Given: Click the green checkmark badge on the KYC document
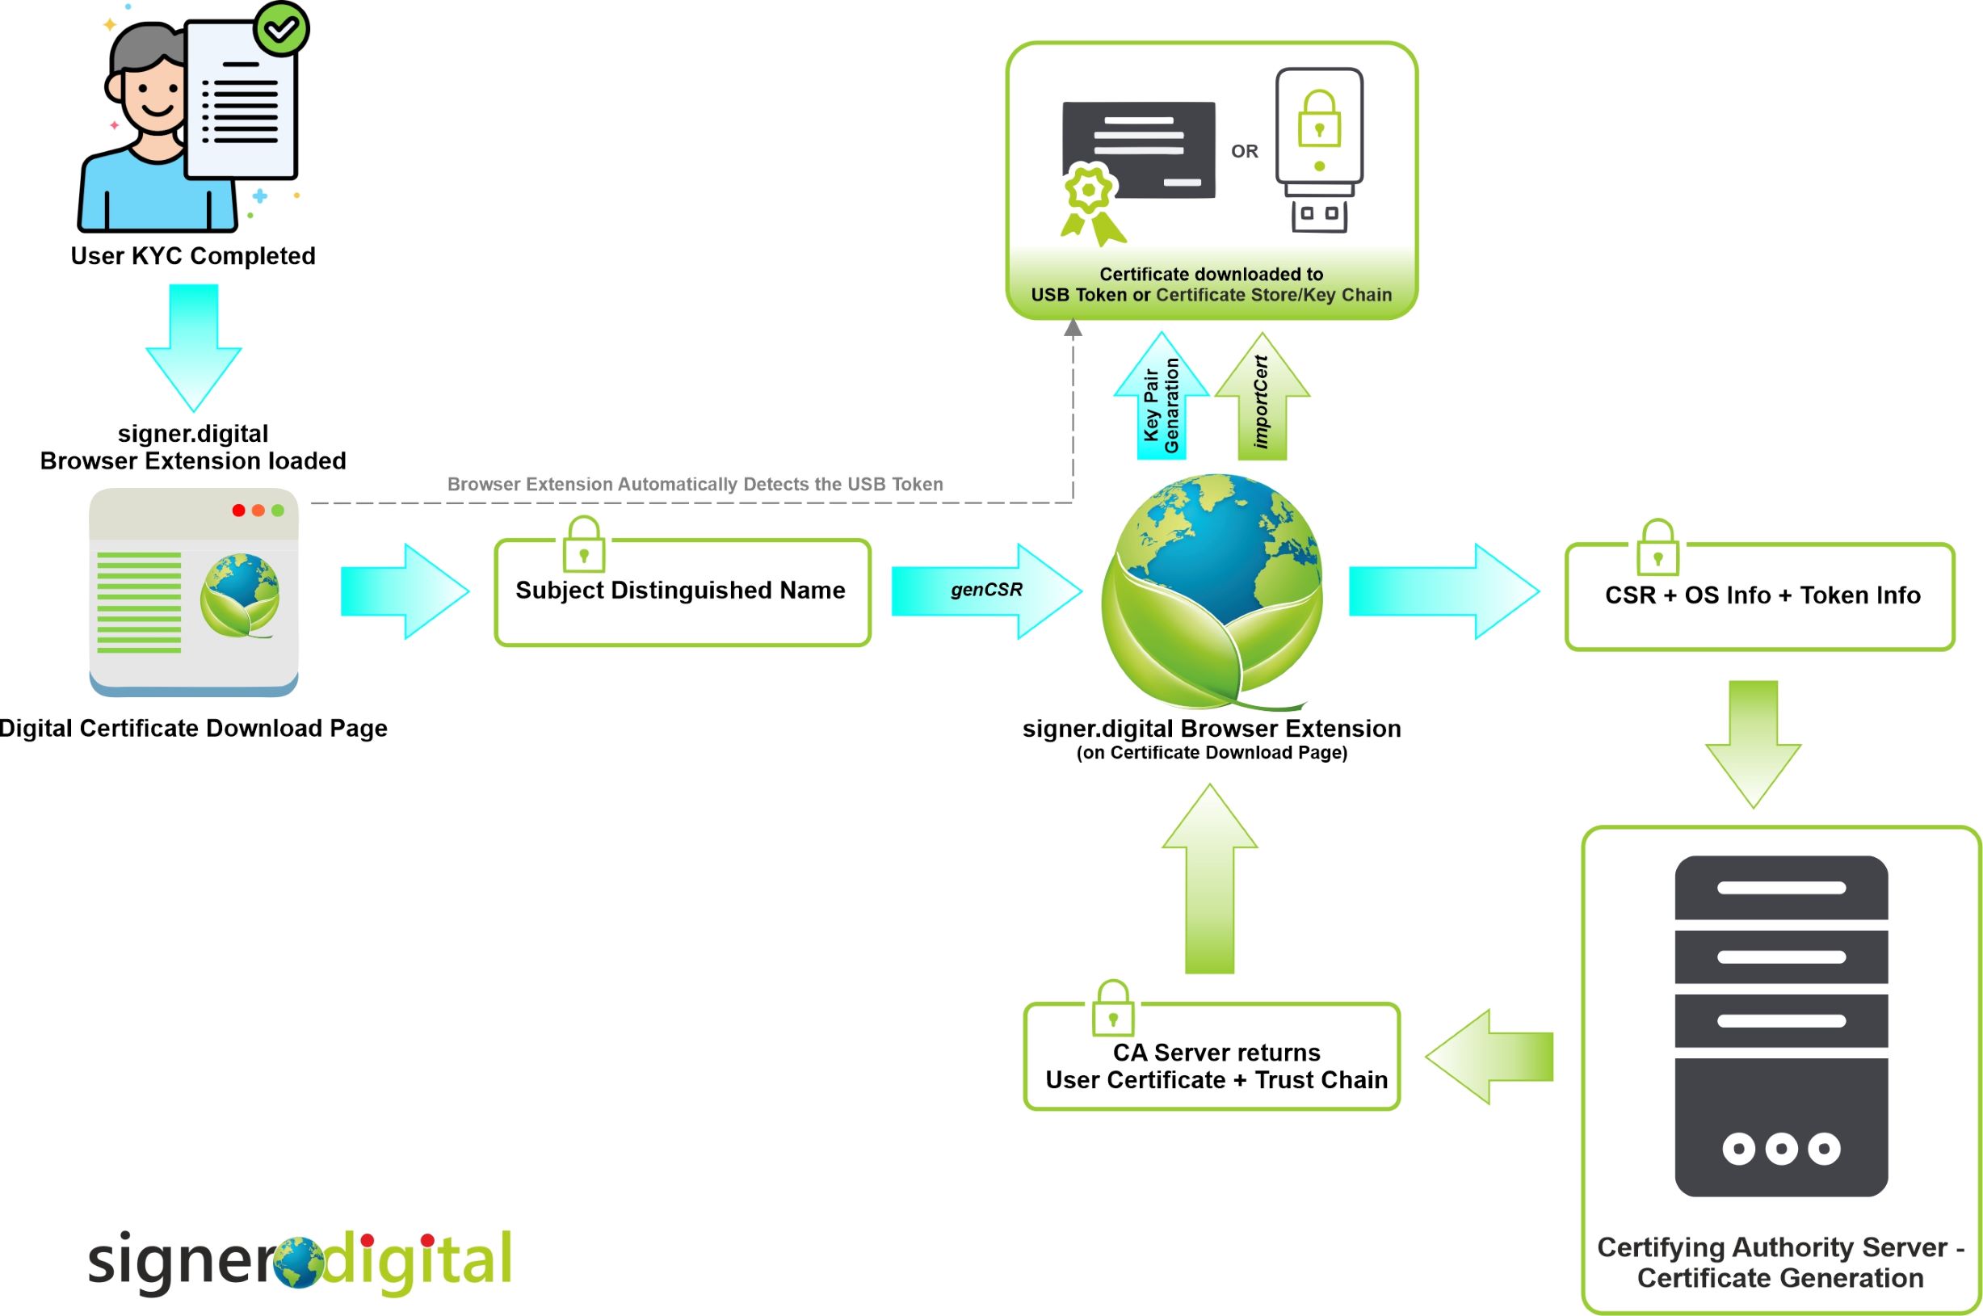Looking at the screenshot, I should click(x=282, y=29).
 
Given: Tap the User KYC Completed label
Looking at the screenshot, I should click(x=193, y=256).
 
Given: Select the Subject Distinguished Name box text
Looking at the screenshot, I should click(x=680, y=591).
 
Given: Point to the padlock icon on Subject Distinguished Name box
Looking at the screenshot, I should click(x=583, y=544).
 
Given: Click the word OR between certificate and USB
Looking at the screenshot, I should click(x=1245, y=152).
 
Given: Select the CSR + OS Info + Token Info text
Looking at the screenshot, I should click(x=1762, y=596).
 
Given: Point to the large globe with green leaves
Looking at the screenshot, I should click(x=1212, y=591).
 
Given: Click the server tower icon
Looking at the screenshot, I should click(x=1781, y=1026).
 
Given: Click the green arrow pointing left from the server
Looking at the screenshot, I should click(x=1489, y=1057).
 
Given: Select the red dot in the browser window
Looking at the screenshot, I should click(x=238, y=511).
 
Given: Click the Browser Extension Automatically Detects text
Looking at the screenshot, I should click(x=695, y=484).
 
